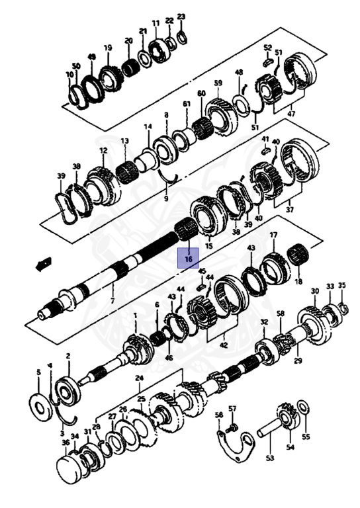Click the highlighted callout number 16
[188, 259]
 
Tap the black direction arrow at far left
[44, 263]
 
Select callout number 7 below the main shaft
[112, 301]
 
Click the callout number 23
[181, 16]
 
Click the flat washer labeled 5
[41, 407]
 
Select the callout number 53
[269, 458]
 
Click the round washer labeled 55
[303, 407]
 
